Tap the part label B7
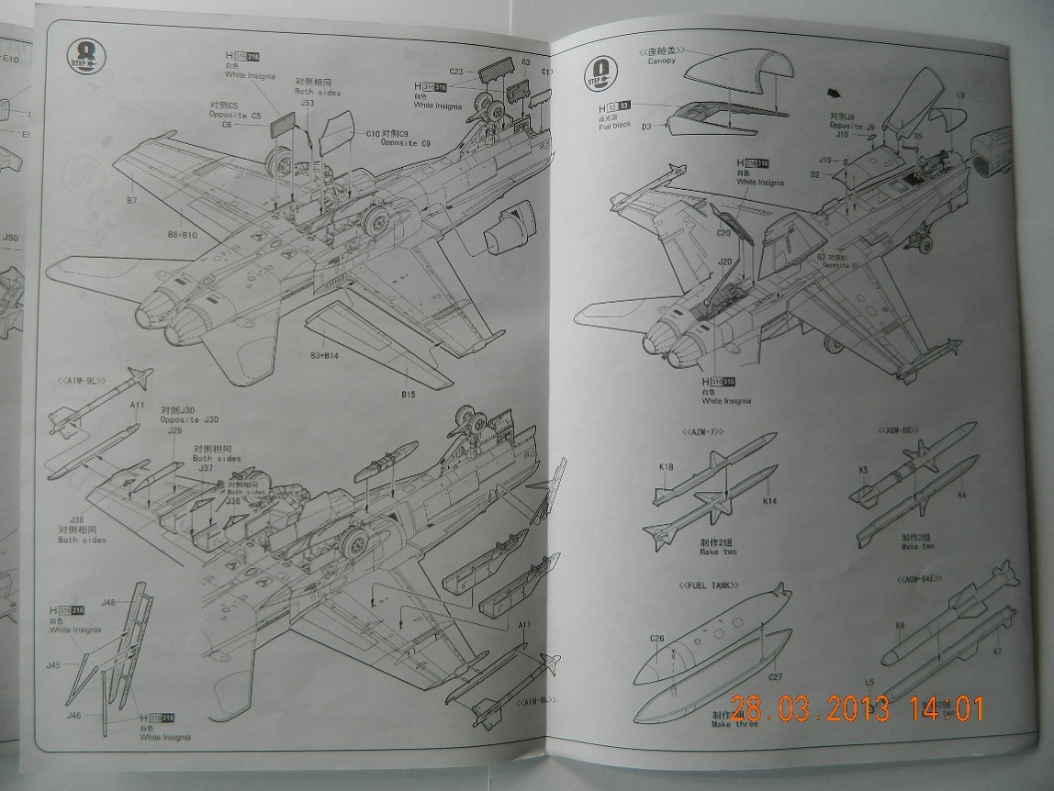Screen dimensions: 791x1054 coord(131,200)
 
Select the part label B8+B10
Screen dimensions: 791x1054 coord(183,235)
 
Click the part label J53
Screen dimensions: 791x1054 coord(308,103)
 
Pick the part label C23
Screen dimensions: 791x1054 coord(457,70)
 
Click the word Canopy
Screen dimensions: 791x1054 coord(661,61)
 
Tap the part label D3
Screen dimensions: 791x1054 coord(646,126)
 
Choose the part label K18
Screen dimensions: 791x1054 coord(666,467)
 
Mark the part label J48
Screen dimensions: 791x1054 coord(107,602)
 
